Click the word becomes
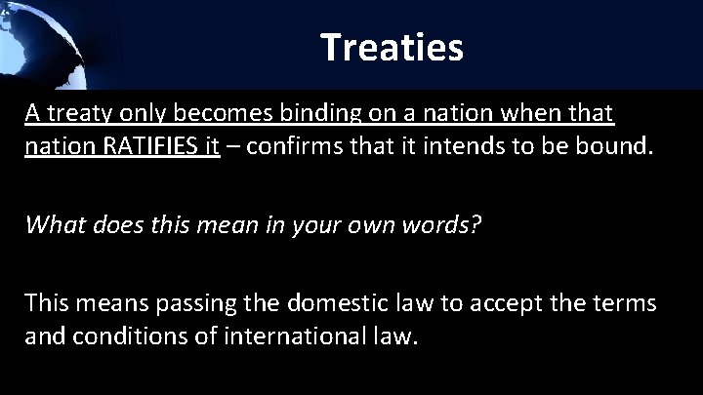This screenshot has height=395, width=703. click(207, 115)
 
